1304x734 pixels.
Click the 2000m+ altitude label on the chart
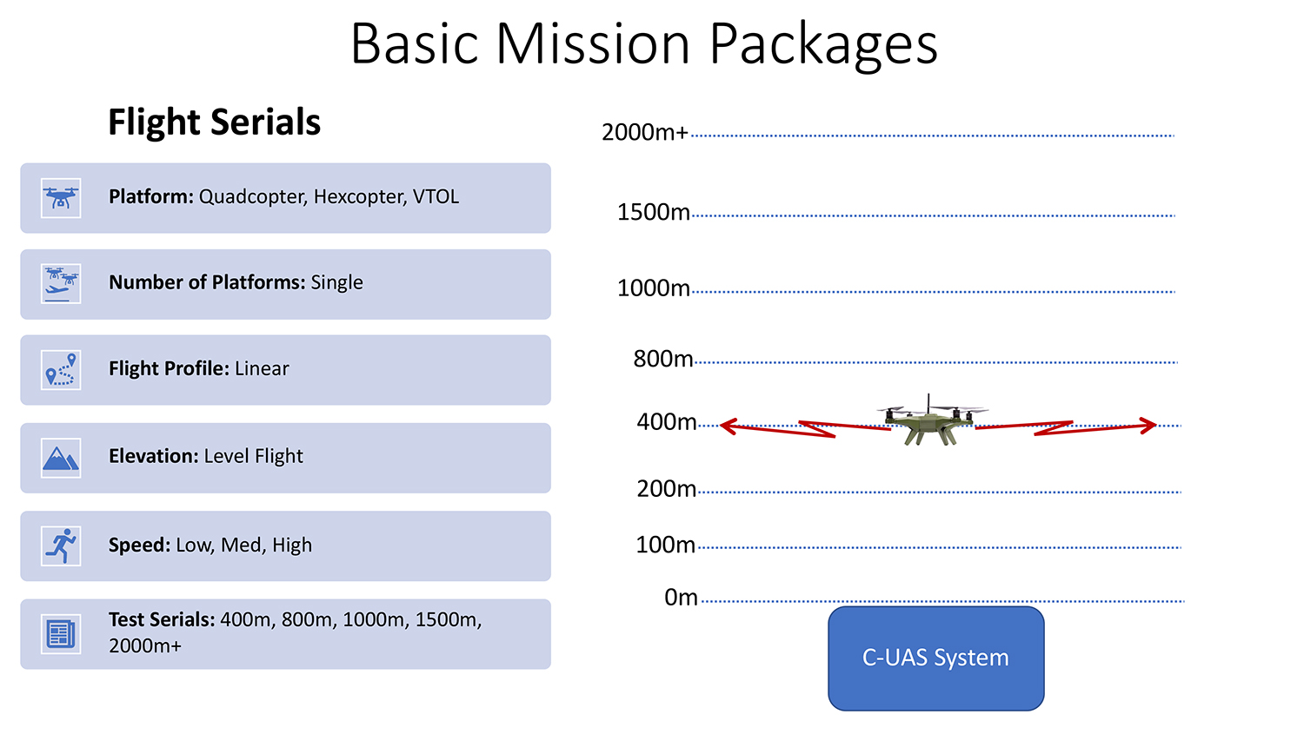645,133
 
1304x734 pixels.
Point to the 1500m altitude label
653,212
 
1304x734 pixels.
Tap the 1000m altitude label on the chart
653,288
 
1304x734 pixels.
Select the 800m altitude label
663,359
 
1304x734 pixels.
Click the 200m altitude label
667,489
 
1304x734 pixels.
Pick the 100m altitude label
665,545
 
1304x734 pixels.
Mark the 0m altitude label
681,598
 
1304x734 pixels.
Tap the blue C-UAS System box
936,658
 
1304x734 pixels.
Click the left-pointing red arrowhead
729,427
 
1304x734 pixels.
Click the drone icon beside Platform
61,198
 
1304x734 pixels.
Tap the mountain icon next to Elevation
61,459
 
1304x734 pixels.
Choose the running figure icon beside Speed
61,546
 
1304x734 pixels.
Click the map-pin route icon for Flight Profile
61,370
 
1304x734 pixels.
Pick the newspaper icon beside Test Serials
61,634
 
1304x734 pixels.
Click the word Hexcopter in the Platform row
358,197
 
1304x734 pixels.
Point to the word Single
336,282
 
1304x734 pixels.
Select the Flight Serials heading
214,122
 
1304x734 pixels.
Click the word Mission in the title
593,44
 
